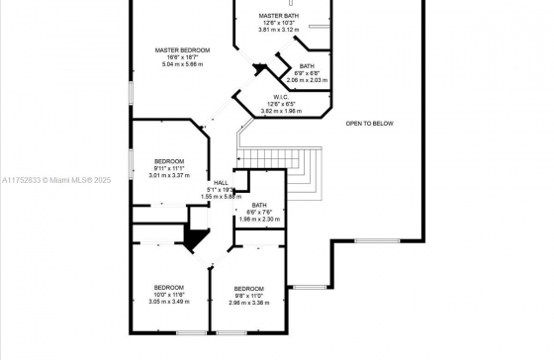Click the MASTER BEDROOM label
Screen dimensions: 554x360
point(182,50)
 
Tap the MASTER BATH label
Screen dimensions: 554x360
point(279,16)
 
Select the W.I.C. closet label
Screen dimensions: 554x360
point(281,97)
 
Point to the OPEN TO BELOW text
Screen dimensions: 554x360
point(369,124)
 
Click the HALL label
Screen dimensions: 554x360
point(221,183)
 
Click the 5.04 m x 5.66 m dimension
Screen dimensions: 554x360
point(182,64)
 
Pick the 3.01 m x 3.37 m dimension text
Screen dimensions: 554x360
point(169,175)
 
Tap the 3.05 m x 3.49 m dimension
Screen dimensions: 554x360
point(169,302)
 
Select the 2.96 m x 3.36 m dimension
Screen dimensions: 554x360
point(248,303)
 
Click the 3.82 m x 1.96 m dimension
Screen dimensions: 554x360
point(281,111)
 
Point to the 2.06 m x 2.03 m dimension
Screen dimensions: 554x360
point(307,80)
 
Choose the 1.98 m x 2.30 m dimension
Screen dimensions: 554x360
point(259,219)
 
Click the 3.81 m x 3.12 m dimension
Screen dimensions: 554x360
point(279,30)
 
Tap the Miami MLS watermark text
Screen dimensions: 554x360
point(56,180)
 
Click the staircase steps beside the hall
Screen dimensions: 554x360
point(279,174)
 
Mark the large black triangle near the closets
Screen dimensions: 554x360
point(196,238)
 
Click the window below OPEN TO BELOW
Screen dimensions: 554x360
point(377,241)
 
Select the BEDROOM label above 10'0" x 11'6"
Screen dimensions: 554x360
point(169,287)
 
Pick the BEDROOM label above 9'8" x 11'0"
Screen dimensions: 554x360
point(248,288)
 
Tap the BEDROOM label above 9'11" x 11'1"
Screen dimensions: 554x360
point(169,161)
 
